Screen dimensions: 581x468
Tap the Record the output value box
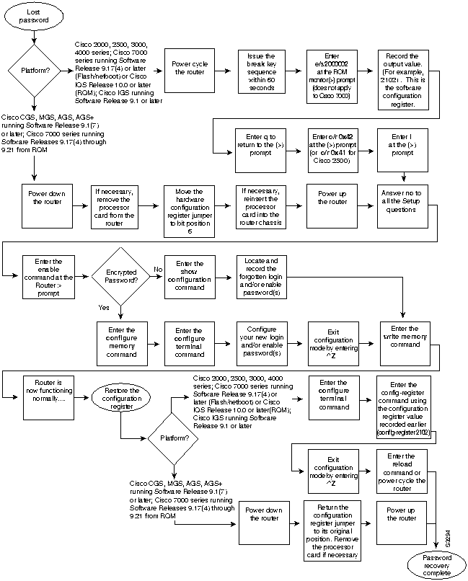coord(402,81)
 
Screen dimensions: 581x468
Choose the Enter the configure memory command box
coord(120,339)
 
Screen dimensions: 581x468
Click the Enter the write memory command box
coord(403,339)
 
